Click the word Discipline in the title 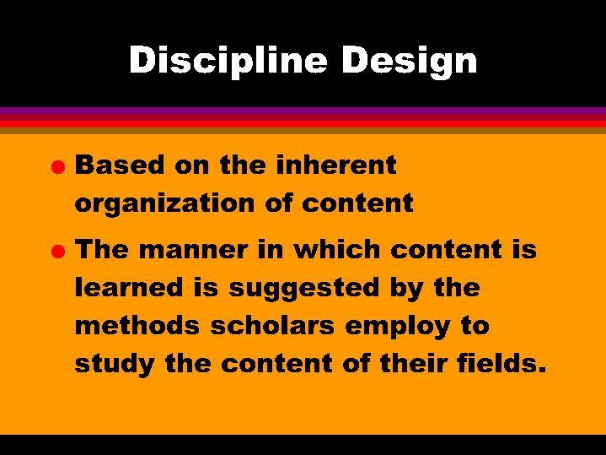pos(213,61)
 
